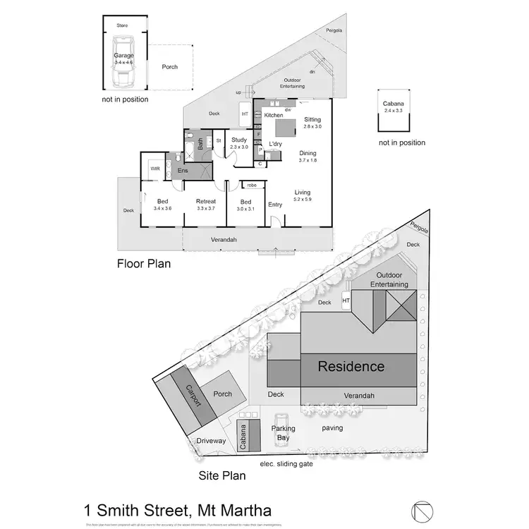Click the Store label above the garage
coord(123,25)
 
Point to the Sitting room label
coord(312,120)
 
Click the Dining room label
coord(308,153)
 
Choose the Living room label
coord(303,193)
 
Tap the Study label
coord(239,140)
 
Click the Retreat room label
coord(206,202)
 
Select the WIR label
coord(154,169)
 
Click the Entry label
coord(275,205)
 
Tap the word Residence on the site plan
coord(351,366)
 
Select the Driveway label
coord(211,441)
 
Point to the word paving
coord(332,427)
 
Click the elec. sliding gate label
coord(286,463)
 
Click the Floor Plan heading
coord(143,264)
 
